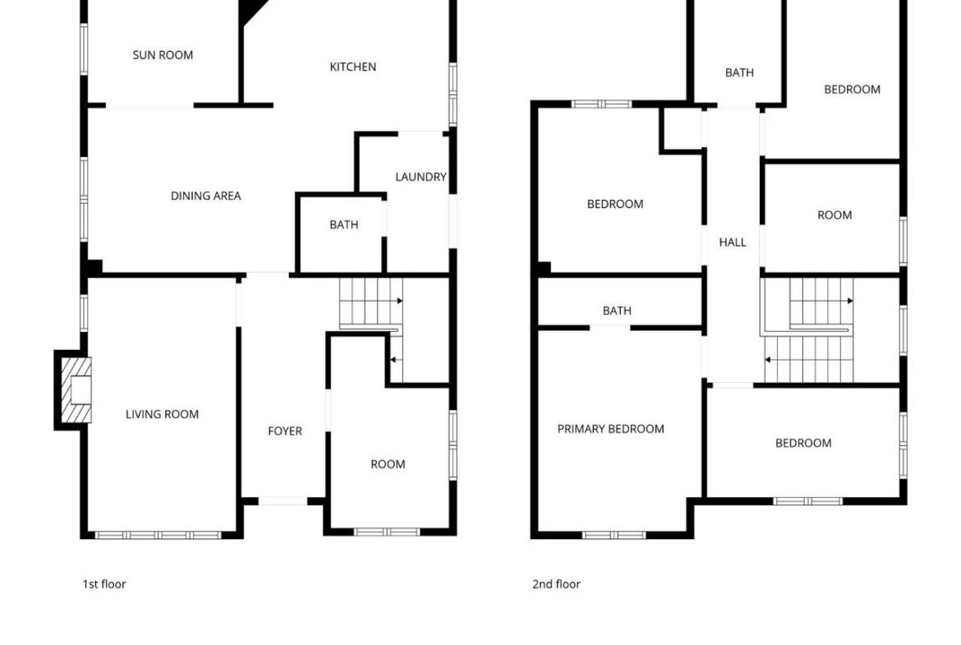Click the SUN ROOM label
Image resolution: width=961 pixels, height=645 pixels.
pos(163,55)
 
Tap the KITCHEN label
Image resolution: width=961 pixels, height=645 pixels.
pos(353,67)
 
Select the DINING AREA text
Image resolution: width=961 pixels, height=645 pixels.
pos(206,196)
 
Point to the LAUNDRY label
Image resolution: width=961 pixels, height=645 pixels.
pos(421,177)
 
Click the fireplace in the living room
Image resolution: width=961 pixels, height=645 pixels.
pos(76,390)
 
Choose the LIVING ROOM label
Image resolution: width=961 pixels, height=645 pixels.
pos(162,414)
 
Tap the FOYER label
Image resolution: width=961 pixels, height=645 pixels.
pos(285,431)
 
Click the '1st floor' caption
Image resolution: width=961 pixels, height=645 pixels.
pos(104,583)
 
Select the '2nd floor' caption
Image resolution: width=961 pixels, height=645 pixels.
pos(556,583)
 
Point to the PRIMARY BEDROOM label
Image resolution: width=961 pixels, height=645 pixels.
pos(610,429)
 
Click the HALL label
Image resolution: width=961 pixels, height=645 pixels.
pos(733,242)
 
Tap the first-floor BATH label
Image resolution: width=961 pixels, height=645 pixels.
pos(344,224)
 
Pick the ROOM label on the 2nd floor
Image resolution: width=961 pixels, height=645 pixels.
pos(835,215)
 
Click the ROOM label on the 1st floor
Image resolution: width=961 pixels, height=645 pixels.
pos(388,464)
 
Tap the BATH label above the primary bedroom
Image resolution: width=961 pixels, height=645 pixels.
pos(617,311)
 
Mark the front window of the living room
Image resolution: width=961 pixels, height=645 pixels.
pos(159,535)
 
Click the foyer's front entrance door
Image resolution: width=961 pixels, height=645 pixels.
pos(283,501)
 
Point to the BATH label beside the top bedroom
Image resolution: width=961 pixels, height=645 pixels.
pos(740,72)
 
